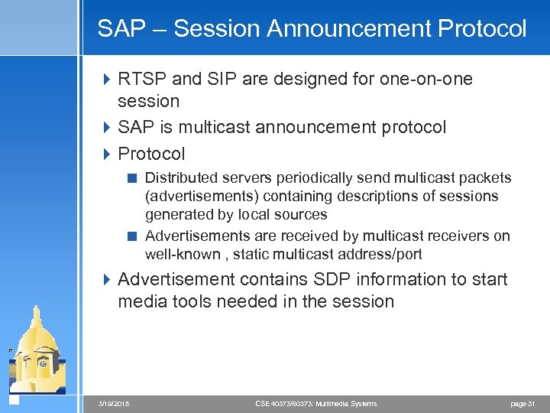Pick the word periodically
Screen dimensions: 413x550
[306, 178]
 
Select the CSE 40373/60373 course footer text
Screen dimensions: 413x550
[315, 403]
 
